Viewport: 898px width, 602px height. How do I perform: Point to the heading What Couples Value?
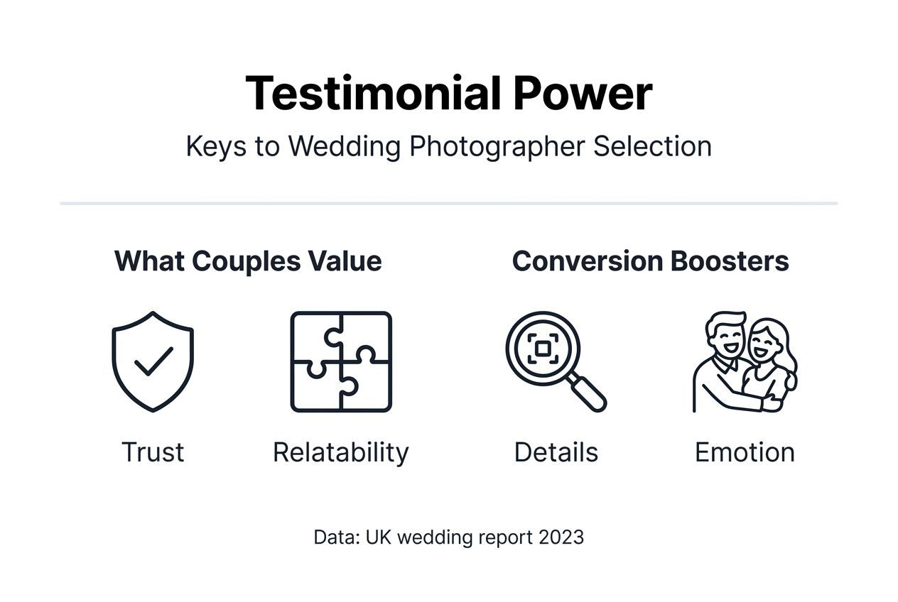248,261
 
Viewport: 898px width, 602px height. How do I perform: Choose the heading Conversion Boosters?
650,261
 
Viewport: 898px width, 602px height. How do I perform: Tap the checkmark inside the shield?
153,361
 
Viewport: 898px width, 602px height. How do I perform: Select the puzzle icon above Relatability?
341,361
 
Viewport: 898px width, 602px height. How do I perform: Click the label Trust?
153,452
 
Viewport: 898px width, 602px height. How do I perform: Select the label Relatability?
341,452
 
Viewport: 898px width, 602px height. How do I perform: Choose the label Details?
556,452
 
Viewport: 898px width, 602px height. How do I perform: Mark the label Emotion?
745,452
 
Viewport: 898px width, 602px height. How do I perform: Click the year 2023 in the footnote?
561,537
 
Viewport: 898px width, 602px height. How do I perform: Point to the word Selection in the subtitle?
652,147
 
